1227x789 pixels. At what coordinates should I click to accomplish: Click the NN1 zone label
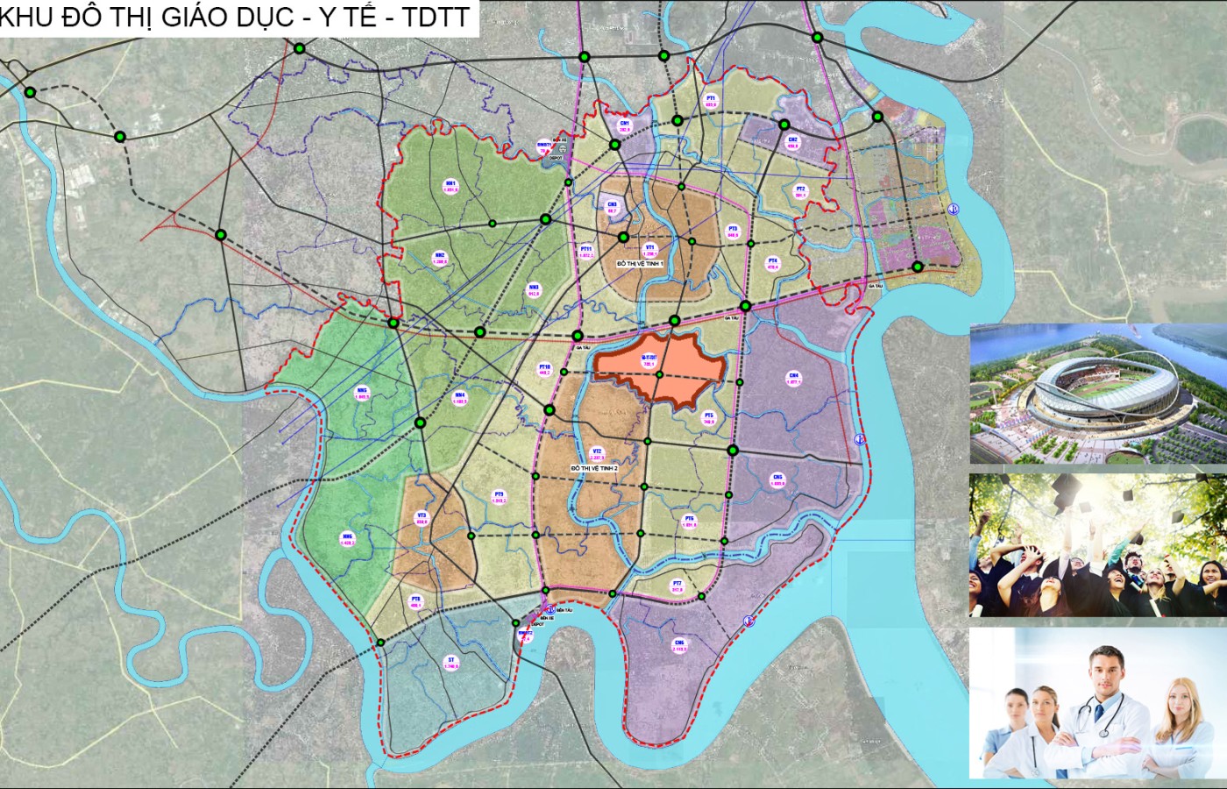click(x=450, y=186)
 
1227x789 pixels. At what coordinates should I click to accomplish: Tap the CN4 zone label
click(x=794, y=379)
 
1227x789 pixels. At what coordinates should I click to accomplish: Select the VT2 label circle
click(x=597, y=454)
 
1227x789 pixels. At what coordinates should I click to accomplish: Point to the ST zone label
click(x=451, y=663)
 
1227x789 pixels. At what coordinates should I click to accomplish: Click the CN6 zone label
click(x=679, y=646)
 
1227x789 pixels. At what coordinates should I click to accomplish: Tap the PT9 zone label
click(x=499, y=497)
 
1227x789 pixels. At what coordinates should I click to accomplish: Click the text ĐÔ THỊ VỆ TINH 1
click(x=641, y=263)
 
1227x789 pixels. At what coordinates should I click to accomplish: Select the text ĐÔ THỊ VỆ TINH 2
click(x=594, y=469)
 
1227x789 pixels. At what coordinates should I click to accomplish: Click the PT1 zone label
click(x=711, y=101)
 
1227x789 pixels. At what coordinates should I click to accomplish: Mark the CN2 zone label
click(x=792, y=143)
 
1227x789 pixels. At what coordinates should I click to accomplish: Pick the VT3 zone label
click(x=422, y=518)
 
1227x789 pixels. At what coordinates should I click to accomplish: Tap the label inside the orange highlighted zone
click(x=649, y=360)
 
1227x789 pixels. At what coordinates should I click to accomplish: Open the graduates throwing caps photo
click(x=1097, y=544)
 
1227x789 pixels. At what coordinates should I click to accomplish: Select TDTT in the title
click(x=436, y=17)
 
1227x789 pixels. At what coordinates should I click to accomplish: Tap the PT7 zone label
click(x=677, y=586)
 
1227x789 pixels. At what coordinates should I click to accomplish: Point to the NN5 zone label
click(x=362, y=394)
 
